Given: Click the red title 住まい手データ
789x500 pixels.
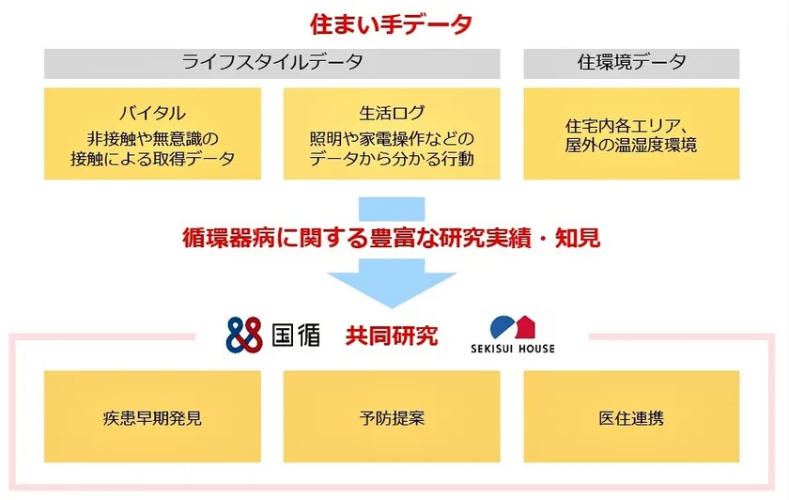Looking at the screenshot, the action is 391,24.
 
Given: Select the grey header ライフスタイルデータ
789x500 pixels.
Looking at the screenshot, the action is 272,64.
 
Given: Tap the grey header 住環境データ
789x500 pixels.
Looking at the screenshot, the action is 631,64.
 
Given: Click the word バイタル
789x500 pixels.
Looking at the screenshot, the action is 152,113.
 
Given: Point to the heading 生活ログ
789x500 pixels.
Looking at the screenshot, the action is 392,113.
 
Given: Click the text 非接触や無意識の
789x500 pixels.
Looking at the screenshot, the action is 152,138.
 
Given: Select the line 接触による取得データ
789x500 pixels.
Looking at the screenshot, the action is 152,159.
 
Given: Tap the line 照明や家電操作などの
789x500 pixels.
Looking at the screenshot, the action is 392,138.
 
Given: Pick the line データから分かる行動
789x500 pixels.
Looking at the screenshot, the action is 392,159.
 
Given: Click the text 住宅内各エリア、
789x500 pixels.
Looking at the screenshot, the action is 627,125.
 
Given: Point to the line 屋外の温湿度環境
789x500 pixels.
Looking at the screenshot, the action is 631,145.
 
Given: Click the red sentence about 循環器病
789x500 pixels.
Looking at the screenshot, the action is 392,238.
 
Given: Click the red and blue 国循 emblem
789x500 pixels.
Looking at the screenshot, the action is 244,335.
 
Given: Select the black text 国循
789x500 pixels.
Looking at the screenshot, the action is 296,335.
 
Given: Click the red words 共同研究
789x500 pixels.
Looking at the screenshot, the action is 392,336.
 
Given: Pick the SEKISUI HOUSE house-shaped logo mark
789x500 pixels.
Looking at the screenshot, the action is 512,327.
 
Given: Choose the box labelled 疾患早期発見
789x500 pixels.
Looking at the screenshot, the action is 152,416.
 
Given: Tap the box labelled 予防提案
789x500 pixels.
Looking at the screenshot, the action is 392,416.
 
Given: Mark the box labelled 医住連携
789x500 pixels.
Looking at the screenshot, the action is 631,416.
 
